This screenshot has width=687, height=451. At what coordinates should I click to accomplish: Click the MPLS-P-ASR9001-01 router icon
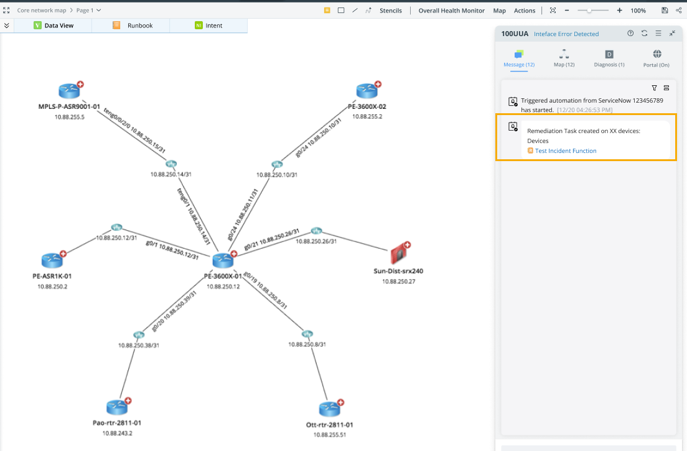pyautogui.click(x=70, y=91)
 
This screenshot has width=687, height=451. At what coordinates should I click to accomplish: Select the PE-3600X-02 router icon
pyautogui.click(x=367, y=91)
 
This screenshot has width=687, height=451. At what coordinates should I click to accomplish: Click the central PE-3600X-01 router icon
pyautogui.click(x=222, y=261)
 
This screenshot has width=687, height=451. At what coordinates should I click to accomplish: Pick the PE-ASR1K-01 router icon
pyautogui.click(x=52, y=260)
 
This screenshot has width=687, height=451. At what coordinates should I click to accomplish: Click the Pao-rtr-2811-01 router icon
pyautogui.click(x=117, y=407)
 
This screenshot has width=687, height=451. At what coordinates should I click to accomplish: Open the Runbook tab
pyautogui.click(x=139, y=26)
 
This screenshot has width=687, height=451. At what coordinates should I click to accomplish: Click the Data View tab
pyautogui.click(x=58, y=26)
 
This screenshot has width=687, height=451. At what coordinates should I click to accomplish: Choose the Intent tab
pyautogui.click(x=213, y=26)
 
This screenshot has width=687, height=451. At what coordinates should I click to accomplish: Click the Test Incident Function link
pyautogui.click(x=566, y=151)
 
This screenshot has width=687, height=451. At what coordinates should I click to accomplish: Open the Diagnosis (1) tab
pyautogui.click(x=609, y=58)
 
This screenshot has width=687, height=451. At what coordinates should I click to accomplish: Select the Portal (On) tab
pyautogui.click(x=657, y=58)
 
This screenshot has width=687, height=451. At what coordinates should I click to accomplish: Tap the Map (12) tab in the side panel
pyautogui.click(x=564, y=58)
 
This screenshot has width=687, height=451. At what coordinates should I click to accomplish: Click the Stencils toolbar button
pyautogui.click(x=391, y=11)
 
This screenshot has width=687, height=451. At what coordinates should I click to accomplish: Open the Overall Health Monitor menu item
pyautogui.click(x=451, y=11)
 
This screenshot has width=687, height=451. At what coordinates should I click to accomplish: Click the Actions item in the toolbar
pyautogui.click(x=524, y=11)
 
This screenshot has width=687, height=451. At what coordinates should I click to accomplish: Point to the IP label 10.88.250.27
pyautogui.click(x=398, y=282)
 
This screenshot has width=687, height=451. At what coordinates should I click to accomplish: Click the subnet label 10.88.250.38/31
pyautogui.click(x=139, y=345)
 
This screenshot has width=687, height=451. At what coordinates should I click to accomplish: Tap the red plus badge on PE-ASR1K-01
pyautogui.click(x=63, y=253)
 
